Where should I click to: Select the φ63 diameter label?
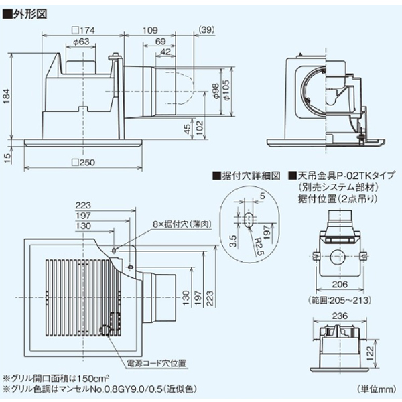(80, 42)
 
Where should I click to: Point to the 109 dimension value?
(151, 30)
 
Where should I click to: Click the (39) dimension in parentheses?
(207, 30)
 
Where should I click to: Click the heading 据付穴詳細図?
(247, 176)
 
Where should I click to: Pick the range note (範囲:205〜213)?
(340, 299)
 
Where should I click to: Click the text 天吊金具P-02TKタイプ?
(342, 176)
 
